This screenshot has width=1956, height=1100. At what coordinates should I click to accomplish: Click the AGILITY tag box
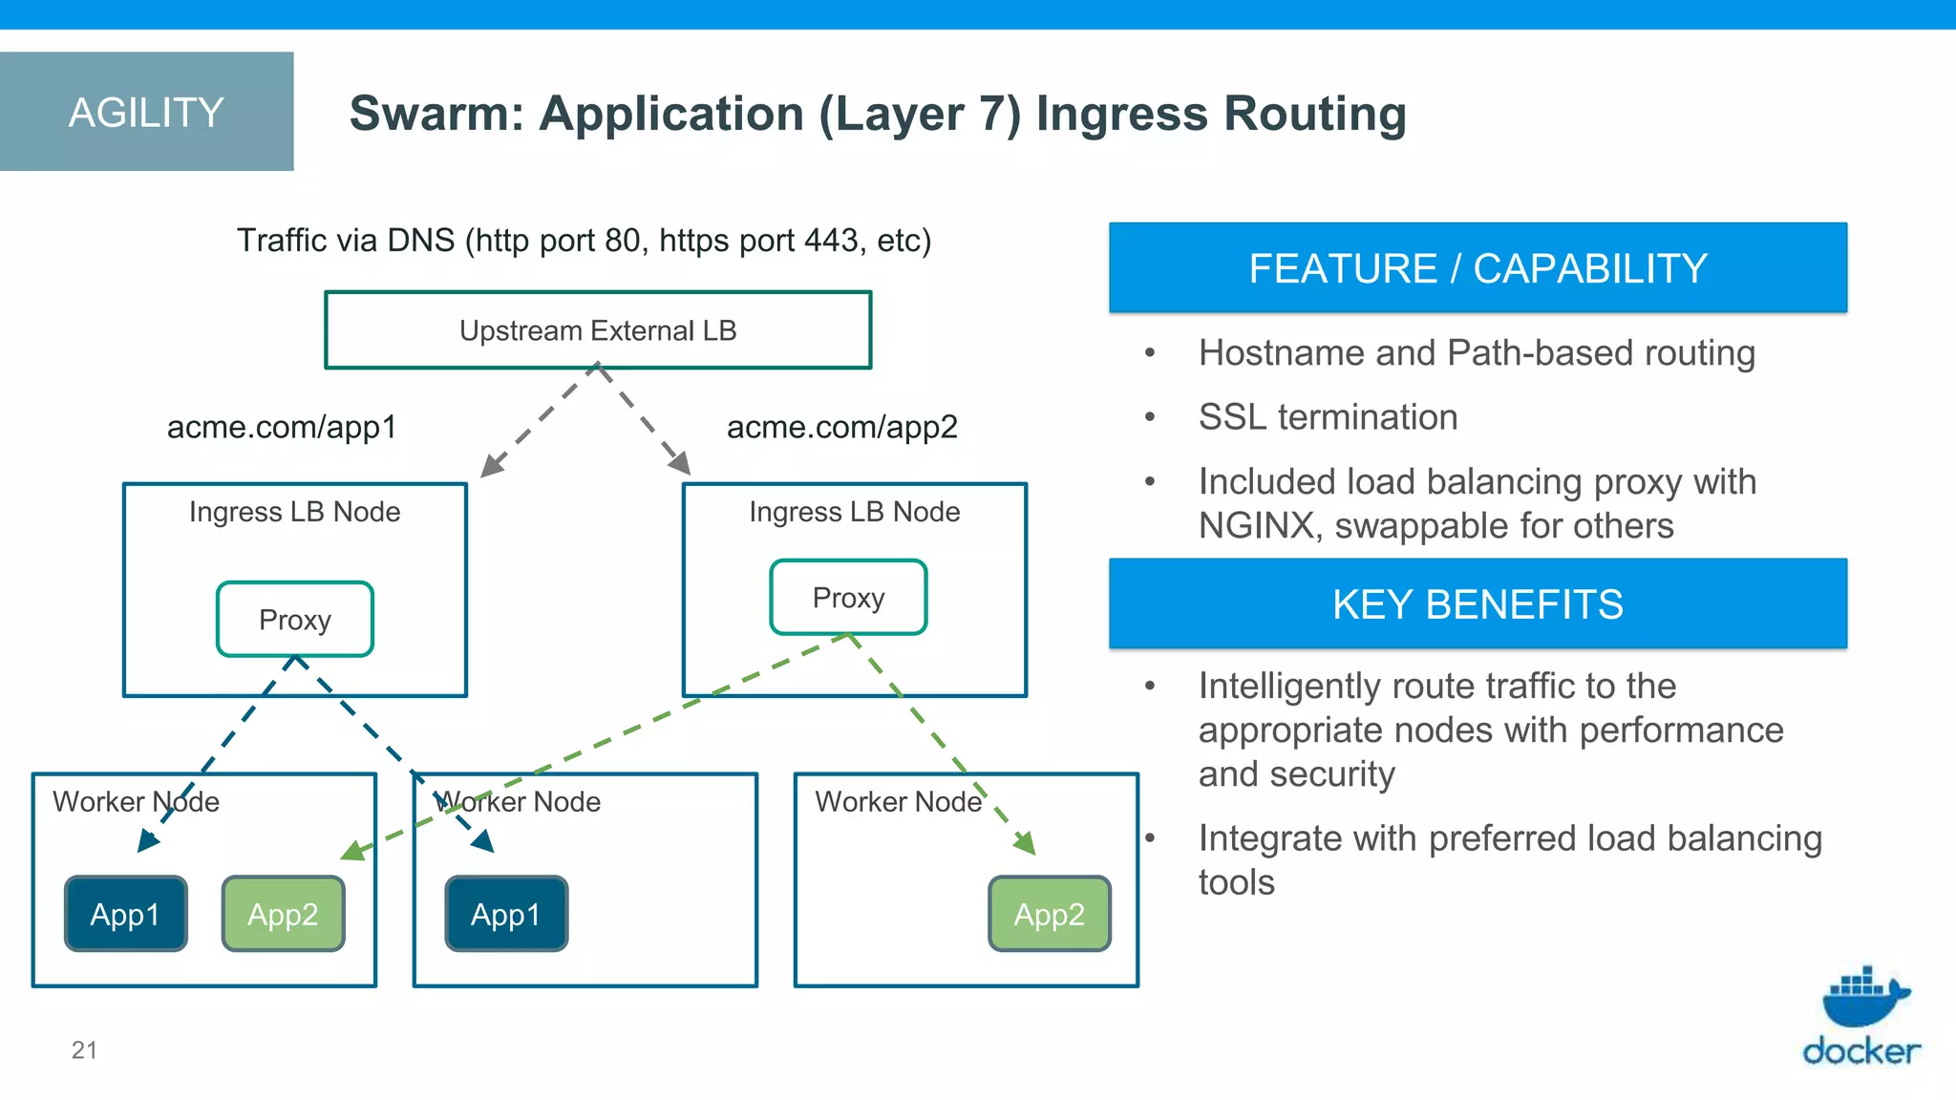(146, 112)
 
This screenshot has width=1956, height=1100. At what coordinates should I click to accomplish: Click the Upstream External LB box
(598, 330)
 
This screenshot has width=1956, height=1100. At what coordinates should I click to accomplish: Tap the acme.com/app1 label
(282, 427)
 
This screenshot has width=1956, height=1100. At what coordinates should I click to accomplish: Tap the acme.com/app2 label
(841, 427)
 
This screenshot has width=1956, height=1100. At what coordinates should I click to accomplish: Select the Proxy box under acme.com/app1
(295, 620)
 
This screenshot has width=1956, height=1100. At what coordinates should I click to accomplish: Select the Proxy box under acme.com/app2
(848, 598)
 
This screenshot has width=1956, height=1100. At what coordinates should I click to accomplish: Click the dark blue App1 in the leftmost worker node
(125, 914)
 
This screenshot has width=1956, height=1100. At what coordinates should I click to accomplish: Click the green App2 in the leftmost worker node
(283, 914)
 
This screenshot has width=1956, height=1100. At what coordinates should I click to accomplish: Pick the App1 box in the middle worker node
(506, 914)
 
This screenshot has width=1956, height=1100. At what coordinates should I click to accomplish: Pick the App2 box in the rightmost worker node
(1049, 914)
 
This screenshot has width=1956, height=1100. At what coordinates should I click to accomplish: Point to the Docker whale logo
(1863, 998)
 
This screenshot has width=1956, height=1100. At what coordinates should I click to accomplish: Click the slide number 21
(84, 1050)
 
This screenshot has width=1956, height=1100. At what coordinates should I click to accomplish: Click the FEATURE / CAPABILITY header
(1478, 268)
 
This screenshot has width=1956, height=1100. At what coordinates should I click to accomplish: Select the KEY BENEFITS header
(1478, 604)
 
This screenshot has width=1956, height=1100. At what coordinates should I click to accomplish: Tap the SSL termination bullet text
(1328, 417)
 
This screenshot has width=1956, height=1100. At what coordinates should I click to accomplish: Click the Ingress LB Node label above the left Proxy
(294, 512)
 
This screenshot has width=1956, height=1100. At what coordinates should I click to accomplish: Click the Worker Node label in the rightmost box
(898, 801)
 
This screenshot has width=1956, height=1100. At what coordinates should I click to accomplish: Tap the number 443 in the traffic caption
(832, 241)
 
